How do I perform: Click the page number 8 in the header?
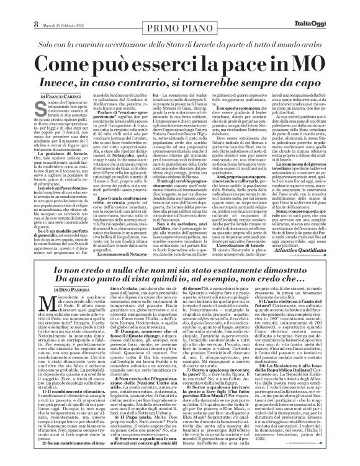9,7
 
